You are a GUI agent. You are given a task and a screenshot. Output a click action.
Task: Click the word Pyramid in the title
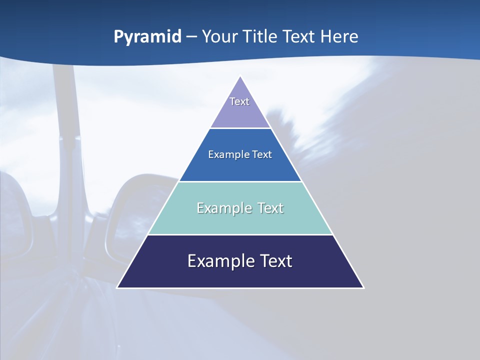[x=147, y=37]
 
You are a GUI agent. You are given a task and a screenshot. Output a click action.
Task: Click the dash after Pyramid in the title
[x=191, y=37]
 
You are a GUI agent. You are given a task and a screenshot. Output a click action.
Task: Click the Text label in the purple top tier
[x=239, y=101]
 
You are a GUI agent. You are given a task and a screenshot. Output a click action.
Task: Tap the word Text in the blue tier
[x=262, y=154]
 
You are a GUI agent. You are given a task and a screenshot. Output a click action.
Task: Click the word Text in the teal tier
[x=270, y=208]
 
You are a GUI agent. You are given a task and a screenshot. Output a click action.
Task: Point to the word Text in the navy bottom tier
[x=276, y=261]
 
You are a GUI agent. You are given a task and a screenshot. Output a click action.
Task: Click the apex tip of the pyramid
[x=240, y=76]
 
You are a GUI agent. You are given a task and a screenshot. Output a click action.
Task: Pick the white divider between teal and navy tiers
[x=240, y=234]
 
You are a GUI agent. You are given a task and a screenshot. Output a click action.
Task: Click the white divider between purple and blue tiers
[x=240, y=128]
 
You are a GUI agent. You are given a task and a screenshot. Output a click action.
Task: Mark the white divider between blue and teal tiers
[x=240, y=181]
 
